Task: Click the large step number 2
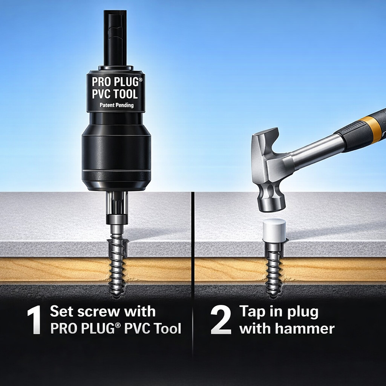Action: click(221, 320)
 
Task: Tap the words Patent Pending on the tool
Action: click(116, 105)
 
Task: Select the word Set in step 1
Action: click(61, 312)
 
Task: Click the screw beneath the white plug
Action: click(274, 264)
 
